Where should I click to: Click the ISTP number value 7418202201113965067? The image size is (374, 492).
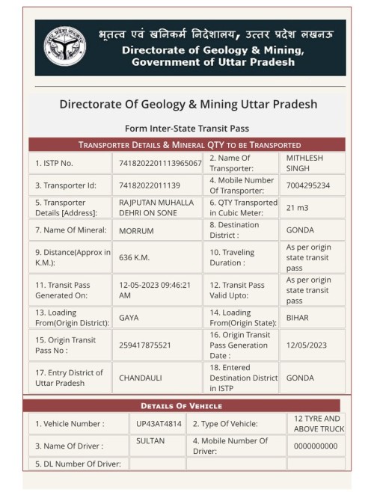tap(160, 163)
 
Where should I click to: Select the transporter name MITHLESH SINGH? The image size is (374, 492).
tap(304, 163)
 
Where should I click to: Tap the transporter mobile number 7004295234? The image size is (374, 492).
tap(308, 185)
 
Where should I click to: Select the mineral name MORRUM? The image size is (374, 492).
tap(137, 230)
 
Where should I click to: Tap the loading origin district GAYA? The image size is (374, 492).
tap(129, 317)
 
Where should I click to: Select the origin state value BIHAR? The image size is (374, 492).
tap(298, 317)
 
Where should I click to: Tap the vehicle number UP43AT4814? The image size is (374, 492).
tap(159, 424)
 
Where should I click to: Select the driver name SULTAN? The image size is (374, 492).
tap(150, 441)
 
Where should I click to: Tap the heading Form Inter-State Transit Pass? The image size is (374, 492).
tap(187, 128)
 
